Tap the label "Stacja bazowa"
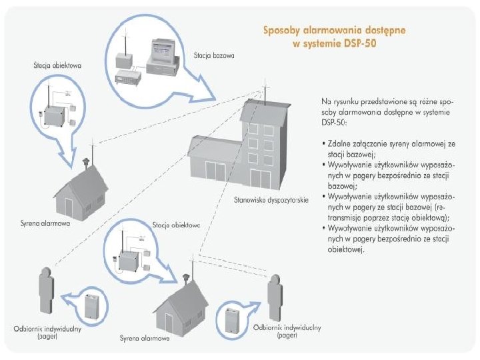(x=214, y=57)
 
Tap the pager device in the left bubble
(x=91, y=306)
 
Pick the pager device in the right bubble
(x=231, y=319)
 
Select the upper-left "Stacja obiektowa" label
(x=57, y=65)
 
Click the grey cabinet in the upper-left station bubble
(x=57, y=115)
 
